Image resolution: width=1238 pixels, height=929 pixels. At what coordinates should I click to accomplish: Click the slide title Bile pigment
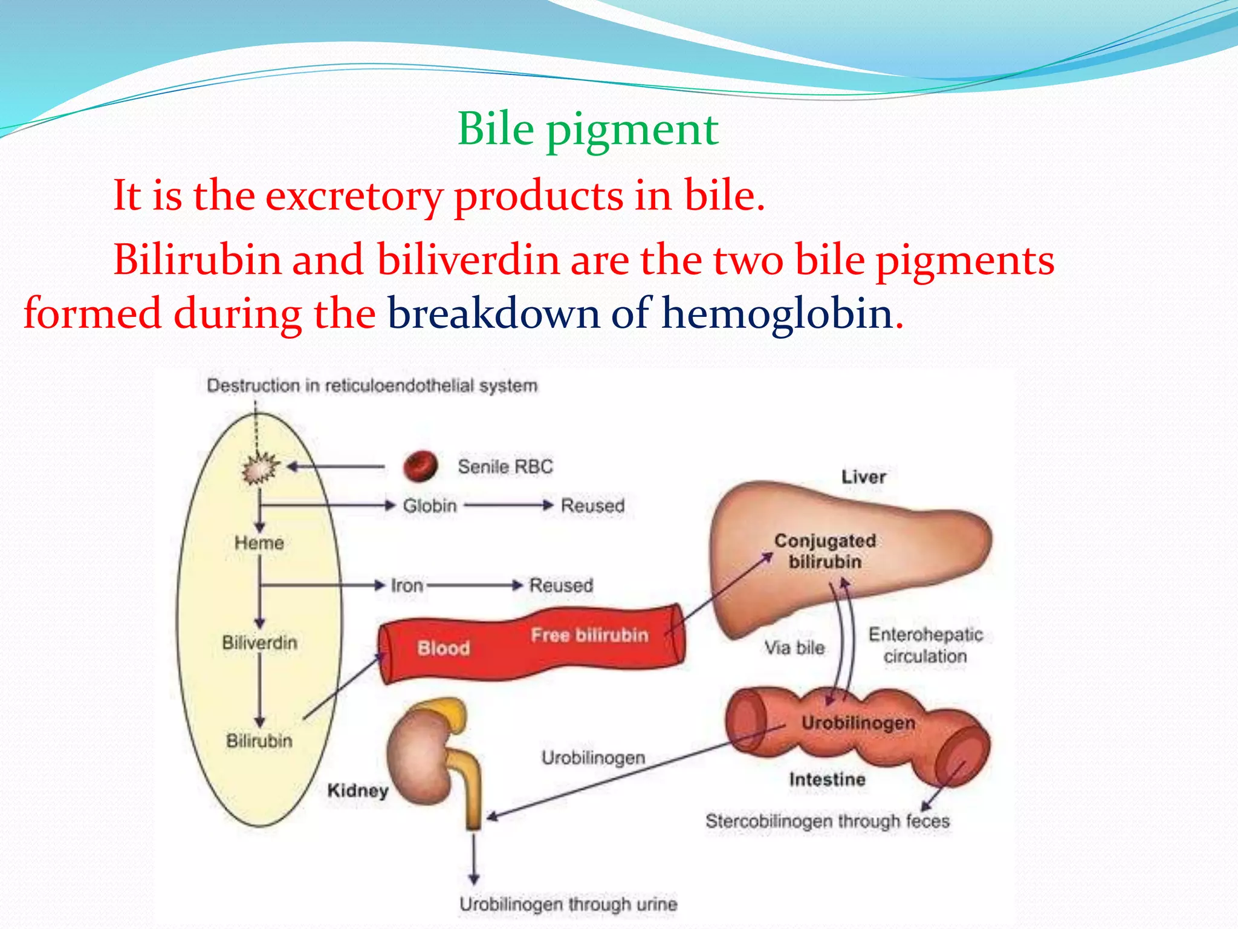(588, 129)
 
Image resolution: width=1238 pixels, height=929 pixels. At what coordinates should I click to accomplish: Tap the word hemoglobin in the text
(777, 314)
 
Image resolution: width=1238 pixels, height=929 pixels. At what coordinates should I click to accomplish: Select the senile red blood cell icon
(420, 466)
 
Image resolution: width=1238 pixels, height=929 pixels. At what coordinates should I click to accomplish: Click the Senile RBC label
(505, 467)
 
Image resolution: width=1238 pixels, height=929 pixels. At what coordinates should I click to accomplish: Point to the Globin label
(430, 506)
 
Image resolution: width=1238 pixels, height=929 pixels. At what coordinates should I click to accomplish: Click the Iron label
(407, 585)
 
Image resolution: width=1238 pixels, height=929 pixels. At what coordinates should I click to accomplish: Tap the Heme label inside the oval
(259, 543)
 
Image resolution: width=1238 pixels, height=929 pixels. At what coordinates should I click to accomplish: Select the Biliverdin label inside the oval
(259, 642)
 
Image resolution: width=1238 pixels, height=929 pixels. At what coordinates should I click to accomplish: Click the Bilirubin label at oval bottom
(259, 741)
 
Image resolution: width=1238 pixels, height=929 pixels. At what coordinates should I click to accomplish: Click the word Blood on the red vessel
(444, 648)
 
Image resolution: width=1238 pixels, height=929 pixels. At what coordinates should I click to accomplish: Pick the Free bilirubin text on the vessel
(589, 635)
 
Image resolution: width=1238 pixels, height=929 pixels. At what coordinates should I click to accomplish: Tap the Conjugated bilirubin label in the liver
(825, 551)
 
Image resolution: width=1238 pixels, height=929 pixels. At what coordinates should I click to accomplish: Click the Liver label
(864, 477)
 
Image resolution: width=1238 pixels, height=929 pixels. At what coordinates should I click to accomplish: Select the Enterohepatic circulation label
(925, 645)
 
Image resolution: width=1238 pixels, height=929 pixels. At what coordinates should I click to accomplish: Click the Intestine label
(827, 780)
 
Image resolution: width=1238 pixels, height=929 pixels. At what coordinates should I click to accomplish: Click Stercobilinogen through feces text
(827, 821)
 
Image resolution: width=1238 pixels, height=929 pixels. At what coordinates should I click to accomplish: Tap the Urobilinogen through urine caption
(568, 904)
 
